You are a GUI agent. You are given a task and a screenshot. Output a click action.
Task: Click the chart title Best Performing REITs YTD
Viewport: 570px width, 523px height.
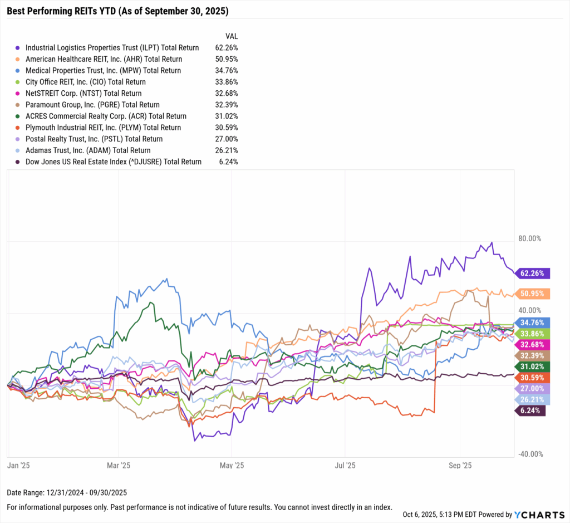(117, 11)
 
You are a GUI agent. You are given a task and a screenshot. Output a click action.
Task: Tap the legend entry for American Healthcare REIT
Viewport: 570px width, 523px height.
(104, 59)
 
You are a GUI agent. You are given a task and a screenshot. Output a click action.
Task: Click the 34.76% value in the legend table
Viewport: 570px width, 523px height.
(227, 71)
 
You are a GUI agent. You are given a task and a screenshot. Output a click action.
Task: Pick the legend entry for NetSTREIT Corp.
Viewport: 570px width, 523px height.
(83, 94)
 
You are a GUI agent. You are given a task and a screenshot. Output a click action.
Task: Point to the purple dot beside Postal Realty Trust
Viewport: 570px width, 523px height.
(18, 139)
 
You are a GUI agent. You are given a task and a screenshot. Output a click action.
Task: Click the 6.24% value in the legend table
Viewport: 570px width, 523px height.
(228, 162)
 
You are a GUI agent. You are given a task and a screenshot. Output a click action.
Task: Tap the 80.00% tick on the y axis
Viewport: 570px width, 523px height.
(529, 238)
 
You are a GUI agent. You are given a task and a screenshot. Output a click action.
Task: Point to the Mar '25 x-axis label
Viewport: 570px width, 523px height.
(118, 465)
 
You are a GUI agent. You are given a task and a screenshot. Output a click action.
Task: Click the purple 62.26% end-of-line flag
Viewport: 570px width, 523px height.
(534, 273)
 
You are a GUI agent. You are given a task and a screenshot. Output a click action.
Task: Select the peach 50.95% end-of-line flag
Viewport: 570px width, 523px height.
(534, 294)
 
